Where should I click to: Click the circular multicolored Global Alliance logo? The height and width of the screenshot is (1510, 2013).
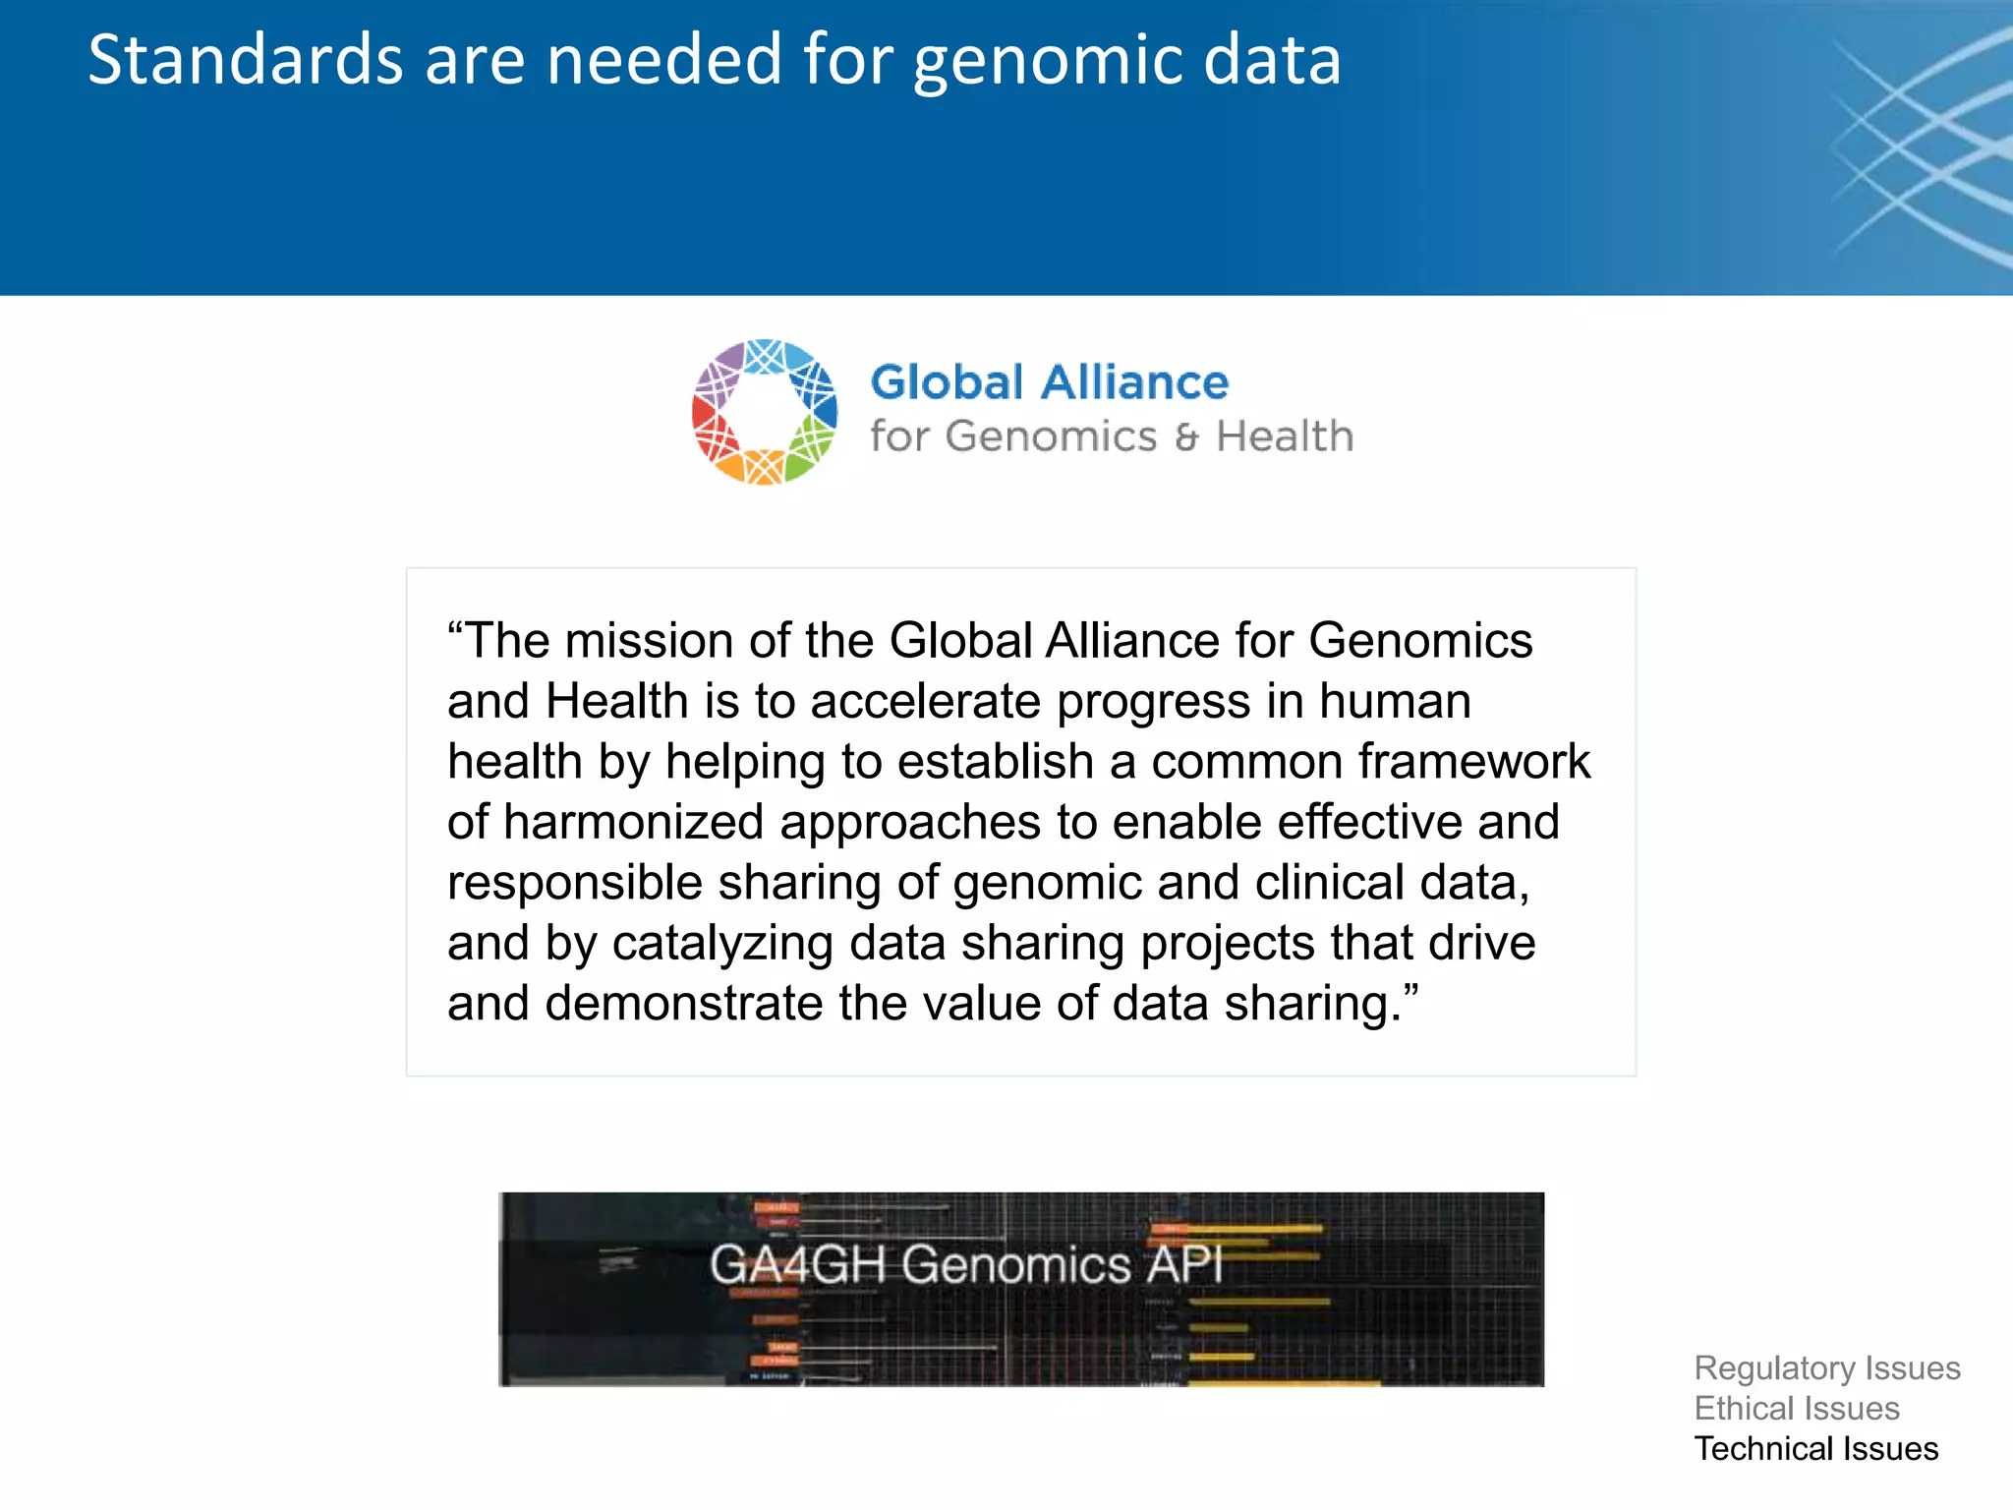(x=765, y=412)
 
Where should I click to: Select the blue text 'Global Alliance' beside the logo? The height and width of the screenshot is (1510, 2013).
(x=1049, y=382)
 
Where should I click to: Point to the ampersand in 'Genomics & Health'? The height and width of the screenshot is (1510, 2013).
(x=1186, y=437)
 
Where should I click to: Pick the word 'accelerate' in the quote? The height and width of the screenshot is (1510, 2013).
(x=925, y=702)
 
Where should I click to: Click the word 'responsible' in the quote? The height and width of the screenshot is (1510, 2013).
(x=574, y=883)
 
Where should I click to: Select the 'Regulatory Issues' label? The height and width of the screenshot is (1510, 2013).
(x=1826, y=1368)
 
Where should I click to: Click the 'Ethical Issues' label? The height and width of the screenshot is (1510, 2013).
(x=1796, y=1409)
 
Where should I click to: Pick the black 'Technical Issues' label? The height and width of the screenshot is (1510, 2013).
(x=1815, y=1449)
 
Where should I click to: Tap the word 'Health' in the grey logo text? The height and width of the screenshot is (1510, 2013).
(x=1284, y=436)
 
